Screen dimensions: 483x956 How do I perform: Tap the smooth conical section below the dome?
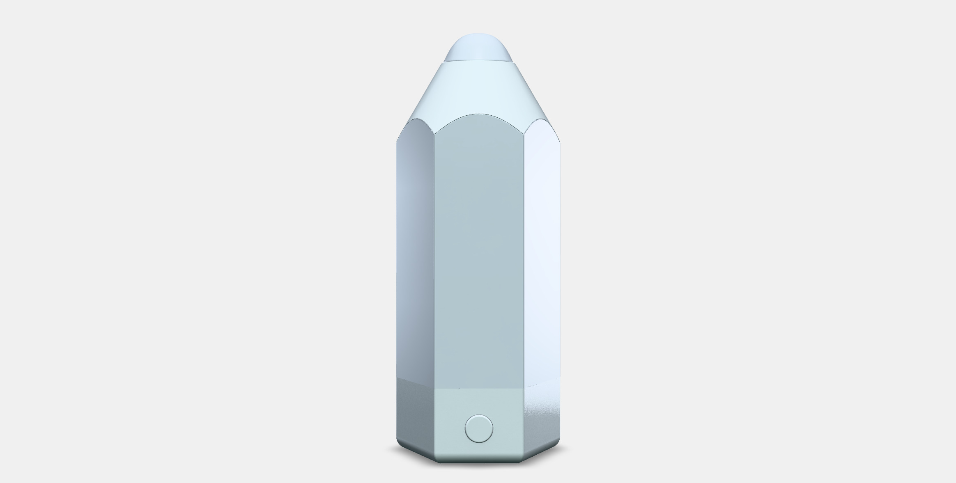point(479,88)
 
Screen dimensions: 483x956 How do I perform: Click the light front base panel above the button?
point(479,400)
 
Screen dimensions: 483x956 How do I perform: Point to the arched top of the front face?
point(479,114)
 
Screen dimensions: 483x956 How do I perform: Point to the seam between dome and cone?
point(479,62)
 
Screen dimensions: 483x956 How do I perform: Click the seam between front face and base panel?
point(479,388)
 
